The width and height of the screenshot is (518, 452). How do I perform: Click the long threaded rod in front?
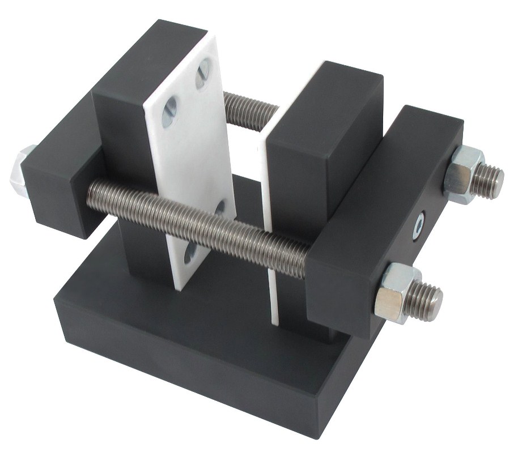(x=198, y=215)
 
